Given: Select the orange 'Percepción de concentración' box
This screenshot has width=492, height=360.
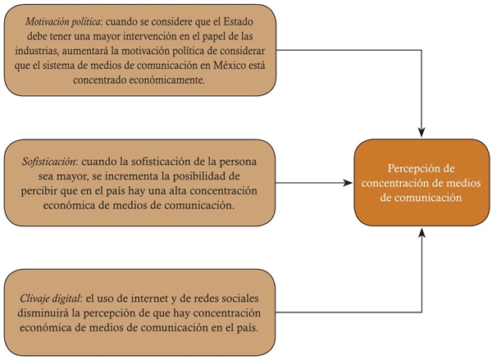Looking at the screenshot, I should click(421, 182).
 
